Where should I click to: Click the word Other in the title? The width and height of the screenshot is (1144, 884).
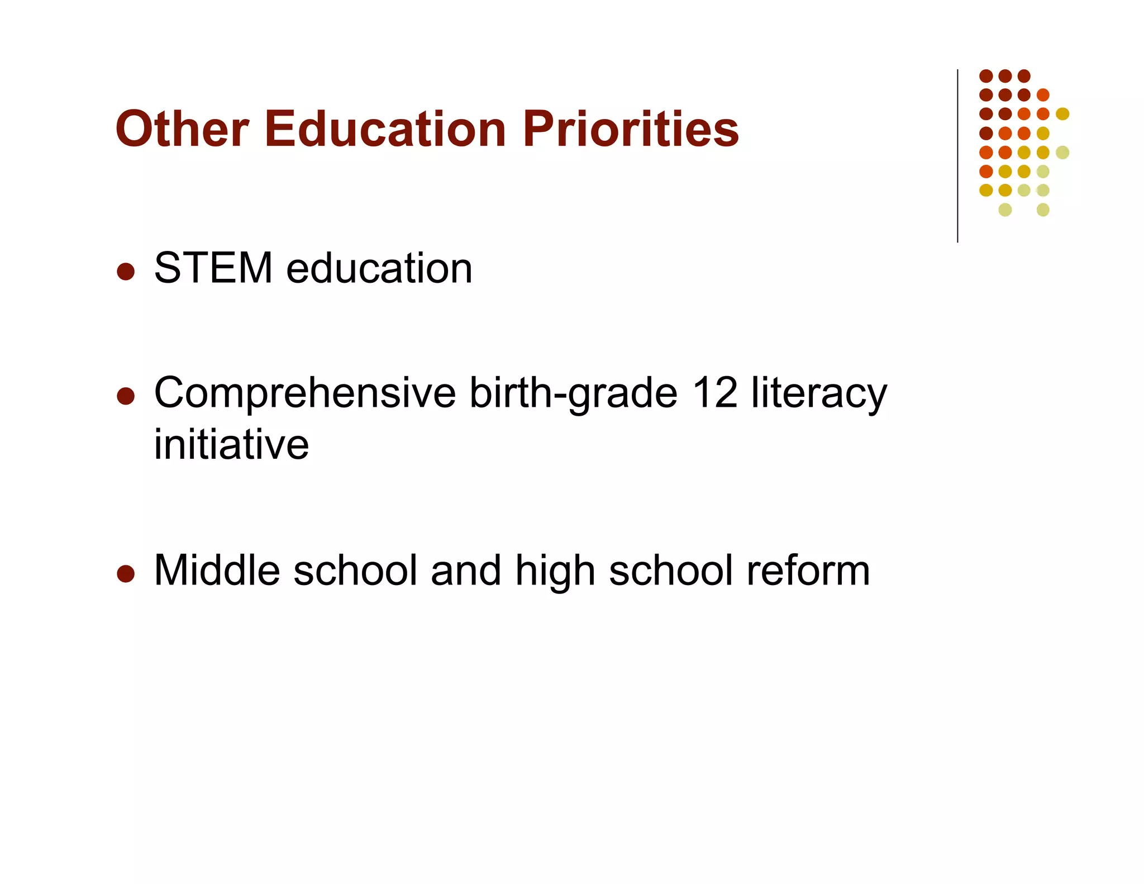click(x=182, y=129)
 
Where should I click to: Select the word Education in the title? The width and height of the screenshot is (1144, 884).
click(x=385, y=129)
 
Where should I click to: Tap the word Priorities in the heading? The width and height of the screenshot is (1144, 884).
click(x=631, y=129)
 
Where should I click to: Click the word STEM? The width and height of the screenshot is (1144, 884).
click(x=213, y=268)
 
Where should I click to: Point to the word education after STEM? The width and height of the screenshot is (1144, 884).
click(x=379, y=268)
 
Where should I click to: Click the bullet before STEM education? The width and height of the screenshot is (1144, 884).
click(x=126, y=272)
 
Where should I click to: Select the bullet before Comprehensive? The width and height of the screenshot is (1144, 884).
click(x=126, y=396)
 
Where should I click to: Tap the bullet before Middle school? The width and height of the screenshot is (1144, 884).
click(x=126, y=574)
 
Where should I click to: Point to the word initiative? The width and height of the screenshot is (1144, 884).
click(x=231, y=444)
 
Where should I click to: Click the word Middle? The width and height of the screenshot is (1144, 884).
click(x=217, y=571)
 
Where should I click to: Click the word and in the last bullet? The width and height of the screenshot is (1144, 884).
click(x=466, y=571)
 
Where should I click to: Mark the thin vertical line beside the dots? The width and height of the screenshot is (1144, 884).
click(x=957, y=156)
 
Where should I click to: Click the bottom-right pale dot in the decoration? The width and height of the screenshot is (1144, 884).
click(x=1043, y=210)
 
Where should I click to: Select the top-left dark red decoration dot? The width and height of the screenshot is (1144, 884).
click(x=986, y=76)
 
